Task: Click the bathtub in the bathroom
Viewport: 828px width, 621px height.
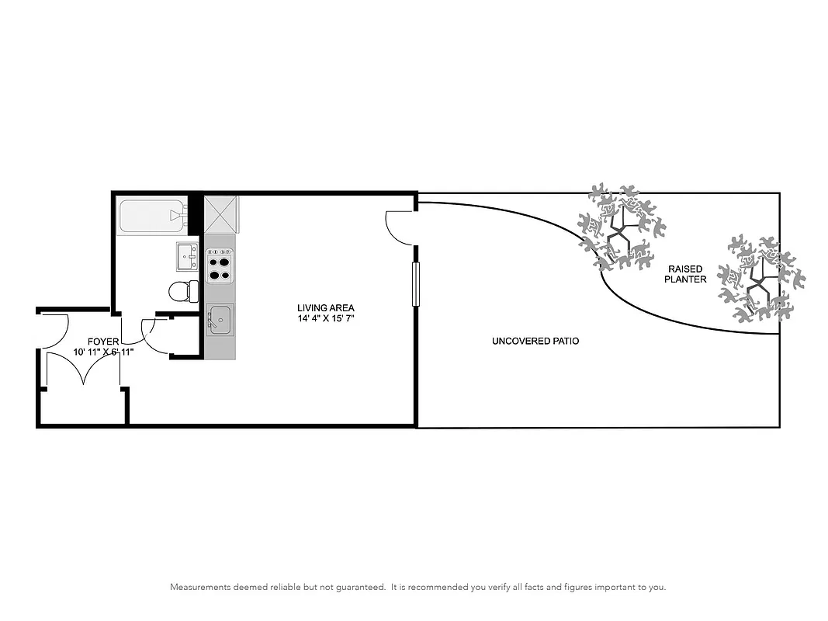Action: (x=151, y=216)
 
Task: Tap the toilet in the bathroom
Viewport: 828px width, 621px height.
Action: (x=183, y=291)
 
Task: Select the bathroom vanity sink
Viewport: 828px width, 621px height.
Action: (x=187, y=256)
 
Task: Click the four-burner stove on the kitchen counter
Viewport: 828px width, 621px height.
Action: (x=220, y=264)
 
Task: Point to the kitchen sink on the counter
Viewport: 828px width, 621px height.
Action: (x=220, y=319)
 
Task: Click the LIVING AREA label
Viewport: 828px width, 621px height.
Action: (x=325, y=308)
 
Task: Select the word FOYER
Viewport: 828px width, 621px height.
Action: (x=103, y=342)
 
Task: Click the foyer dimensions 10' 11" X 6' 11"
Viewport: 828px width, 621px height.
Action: (x=104, y=352)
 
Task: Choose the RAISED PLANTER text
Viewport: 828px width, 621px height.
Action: (x=685, y=274)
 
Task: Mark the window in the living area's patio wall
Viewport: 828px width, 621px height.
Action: (x=416, y=285)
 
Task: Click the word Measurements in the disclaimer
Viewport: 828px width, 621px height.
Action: (x=200, y=588)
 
